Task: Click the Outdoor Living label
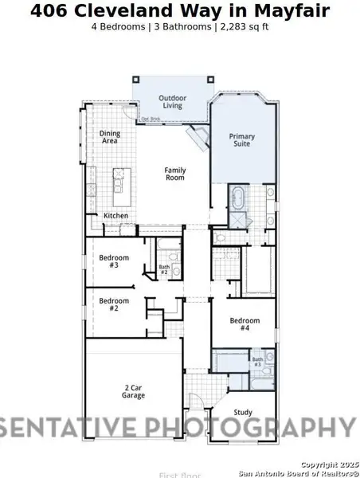coord(172,102)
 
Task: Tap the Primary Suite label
coord(242,140)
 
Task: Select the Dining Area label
coord(109,137)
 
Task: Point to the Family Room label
coord(175,174)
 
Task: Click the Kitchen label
coord(115,216)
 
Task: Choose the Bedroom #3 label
coord(109,261)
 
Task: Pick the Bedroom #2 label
coord(109,304)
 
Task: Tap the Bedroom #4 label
coord(240,324)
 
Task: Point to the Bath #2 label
coord(164,269)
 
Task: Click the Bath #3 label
coord(258,362)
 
